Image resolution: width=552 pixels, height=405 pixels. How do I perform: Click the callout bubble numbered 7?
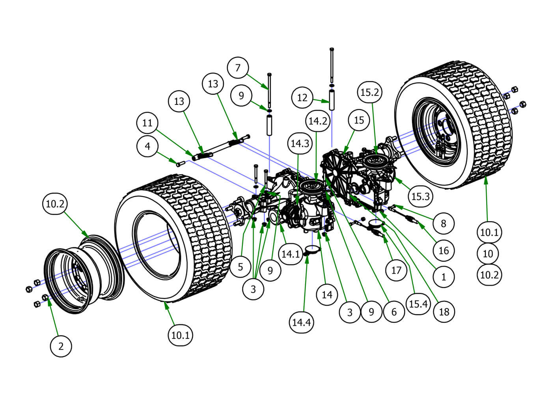[x=238, y=67]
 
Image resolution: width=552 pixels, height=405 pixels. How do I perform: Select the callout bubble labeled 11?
[x=147, y=123]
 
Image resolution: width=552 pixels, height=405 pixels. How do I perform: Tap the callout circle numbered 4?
[x=147, y=146]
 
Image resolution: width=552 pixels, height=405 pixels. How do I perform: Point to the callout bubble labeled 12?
[x=302, y=97]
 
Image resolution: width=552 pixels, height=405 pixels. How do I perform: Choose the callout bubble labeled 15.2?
[x=370, y=92]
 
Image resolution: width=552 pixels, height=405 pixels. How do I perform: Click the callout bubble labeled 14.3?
[x=300, y=144]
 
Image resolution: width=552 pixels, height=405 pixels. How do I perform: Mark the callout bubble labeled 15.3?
[x=420, y=196]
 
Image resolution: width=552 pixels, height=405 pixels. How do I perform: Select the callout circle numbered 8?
[x=443, y=223]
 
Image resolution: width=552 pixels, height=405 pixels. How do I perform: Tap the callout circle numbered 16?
[x=444, y=250]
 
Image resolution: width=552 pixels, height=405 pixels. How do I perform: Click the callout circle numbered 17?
[x=396, y=270]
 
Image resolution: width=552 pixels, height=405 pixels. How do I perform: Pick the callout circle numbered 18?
[x=444, y=312]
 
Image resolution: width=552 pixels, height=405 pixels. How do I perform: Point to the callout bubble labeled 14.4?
[x=301, y=322]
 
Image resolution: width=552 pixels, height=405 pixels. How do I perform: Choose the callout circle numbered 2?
[x=61, y=346]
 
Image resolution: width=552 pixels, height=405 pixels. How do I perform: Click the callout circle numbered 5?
[x=241, y=267]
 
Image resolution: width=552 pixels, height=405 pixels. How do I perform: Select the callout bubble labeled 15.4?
[x=418, y=304]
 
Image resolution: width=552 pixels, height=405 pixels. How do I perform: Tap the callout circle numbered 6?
[x=394, y=312]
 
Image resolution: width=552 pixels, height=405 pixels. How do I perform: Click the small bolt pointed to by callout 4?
[x=180, y=163]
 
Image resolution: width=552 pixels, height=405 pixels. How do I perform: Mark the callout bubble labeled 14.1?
[x=291, y=254]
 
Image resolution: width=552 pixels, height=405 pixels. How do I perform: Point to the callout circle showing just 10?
[x=488, y=254]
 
